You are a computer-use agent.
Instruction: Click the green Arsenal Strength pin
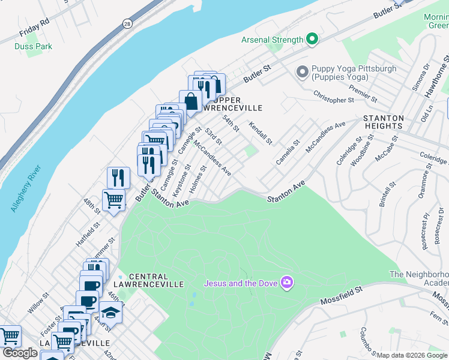[312, 40]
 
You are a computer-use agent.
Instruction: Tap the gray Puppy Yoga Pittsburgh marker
[303, 73]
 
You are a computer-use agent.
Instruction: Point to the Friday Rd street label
[34, 26]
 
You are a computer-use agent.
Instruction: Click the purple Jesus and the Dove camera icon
[288, 282]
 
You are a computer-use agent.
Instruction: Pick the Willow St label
[38, 304]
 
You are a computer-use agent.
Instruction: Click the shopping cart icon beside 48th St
[114, 199]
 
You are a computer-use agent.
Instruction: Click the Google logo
[19, 353]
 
